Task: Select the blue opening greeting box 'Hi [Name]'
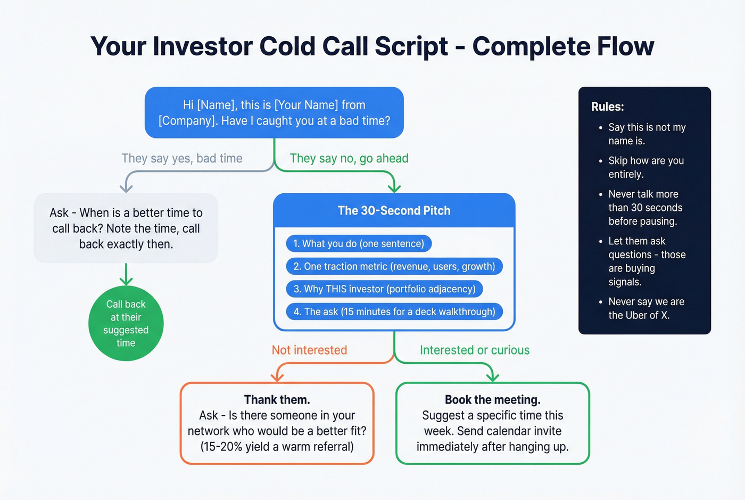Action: (274, 113)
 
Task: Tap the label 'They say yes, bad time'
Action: (181, 159)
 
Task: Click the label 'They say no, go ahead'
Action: (349, 159)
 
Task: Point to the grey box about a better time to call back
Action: (126, 228)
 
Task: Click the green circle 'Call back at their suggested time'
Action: (126, 324)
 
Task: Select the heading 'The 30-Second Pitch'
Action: (394, 211)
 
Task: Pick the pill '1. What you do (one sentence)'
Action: (359, 244)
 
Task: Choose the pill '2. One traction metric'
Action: (394, 267)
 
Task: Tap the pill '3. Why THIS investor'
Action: (384, 289)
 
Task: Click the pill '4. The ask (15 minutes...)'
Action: (394, 312)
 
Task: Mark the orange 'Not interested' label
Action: (309, 350)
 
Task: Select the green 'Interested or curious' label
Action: (475, 350)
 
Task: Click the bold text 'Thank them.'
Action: (277, 400)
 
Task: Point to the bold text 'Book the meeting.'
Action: (493, 400)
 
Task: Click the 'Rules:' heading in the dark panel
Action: (608, 107)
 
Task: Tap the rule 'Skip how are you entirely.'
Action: (645, 167)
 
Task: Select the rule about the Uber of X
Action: (645, 308)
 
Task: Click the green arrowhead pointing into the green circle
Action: (126, 281)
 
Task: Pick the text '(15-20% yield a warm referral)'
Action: (277, 447)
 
